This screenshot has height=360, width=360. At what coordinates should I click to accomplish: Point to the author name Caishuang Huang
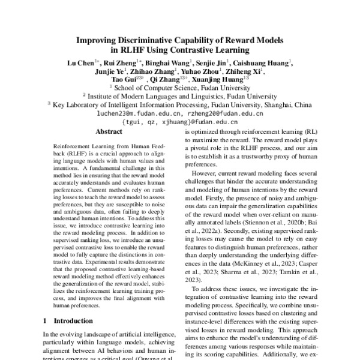[x=264, y=62]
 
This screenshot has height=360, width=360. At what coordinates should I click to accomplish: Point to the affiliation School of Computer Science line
[x=180, y=87]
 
